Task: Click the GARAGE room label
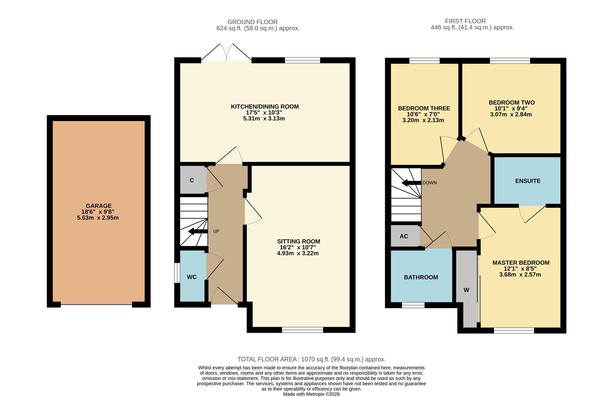click(98, 206)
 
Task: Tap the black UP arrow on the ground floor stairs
click(196, 232)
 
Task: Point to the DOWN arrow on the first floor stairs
click(411, 183)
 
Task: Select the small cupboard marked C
click(192, 180)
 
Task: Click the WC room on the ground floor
click(192, 277)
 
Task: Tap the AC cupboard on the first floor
click(404, 236)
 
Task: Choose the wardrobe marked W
click(466, 290)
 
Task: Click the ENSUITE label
click(528, 181)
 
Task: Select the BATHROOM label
click(421, 277)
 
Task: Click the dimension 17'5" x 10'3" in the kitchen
click(265, 112)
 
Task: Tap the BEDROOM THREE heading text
click(424, 108)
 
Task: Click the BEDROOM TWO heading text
click(512, 103)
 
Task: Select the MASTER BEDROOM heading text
click(521, 262)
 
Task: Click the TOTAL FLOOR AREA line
click(311, 359)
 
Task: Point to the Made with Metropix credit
click(311, 394)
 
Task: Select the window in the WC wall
click(176, 273)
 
